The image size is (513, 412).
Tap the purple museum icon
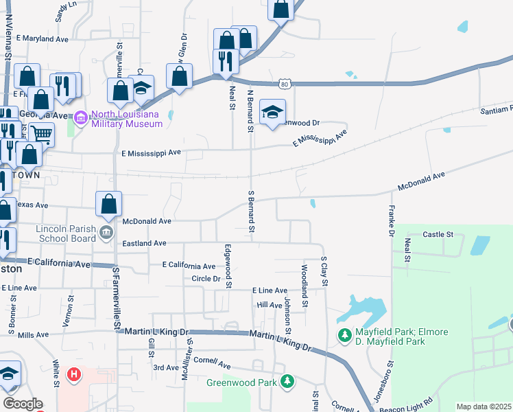coord(81,119)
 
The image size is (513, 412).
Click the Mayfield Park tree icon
coord(344,336)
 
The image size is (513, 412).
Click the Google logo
coord(23,404)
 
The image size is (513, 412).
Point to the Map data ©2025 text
coord(483,407)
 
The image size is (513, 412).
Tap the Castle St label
coord(438,234)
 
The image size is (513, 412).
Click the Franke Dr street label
coord(392,220)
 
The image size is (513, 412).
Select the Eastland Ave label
coord(144,243)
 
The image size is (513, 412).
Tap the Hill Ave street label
coord(270,305)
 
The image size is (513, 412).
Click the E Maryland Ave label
coord(43,39)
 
